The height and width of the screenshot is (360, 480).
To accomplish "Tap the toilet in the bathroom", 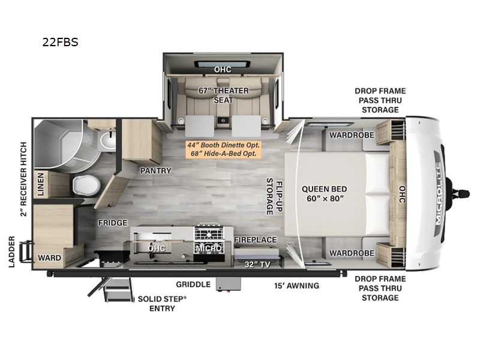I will [80, 185].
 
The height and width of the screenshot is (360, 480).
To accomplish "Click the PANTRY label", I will [155, 171].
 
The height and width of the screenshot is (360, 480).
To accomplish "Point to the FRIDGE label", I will [113, 223].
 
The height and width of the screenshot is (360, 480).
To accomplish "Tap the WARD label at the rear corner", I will [49, 258].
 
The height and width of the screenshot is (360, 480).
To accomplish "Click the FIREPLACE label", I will [255, 240].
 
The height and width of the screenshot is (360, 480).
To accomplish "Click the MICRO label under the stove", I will [208, 248].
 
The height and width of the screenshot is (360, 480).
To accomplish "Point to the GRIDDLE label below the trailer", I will [193, 285].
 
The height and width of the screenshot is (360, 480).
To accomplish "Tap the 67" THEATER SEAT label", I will [223, 95].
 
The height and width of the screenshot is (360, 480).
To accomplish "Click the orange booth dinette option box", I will [223, 149].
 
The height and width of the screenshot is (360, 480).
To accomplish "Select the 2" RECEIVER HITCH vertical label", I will [24, 179].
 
